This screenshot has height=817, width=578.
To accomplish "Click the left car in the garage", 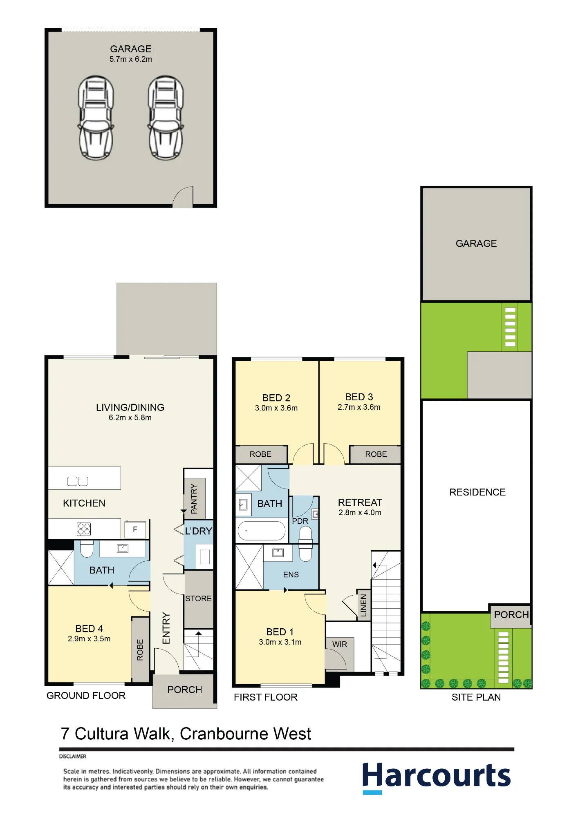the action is tap(96, 118).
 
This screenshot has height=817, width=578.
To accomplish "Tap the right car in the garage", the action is tap(166, 118).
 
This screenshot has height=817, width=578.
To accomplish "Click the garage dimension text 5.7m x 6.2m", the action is tap(131, 59).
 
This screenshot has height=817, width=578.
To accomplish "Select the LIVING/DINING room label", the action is tap(130, 407).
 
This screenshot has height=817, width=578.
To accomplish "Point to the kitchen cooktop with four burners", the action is tap(84, 529).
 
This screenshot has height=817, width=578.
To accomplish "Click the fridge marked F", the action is tap(135, 530).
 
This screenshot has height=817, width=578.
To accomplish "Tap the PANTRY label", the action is tap(194, 498).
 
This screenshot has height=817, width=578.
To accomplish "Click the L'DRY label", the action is tap(199, 531).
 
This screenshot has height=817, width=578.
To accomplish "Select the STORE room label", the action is tap(198, 598).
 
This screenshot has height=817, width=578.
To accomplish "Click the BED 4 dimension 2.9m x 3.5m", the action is tap(89, 638).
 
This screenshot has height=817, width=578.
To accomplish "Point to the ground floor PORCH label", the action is tap(185, 690).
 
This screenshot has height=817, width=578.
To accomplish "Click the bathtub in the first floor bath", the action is tap(262, 531).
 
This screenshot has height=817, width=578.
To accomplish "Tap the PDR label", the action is tap(300, 521).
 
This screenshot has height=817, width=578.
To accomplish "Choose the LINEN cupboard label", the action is tap(363, 605).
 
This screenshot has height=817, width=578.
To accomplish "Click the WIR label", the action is tap(340, 644).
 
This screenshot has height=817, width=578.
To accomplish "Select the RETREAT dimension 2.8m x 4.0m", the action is tap(360, 512).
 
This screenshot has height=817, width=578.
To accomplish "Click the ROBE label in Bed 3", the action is tap(376, 454).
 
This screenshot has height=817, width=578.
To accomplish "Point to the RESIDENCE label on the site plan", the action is tap(477, 492).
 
